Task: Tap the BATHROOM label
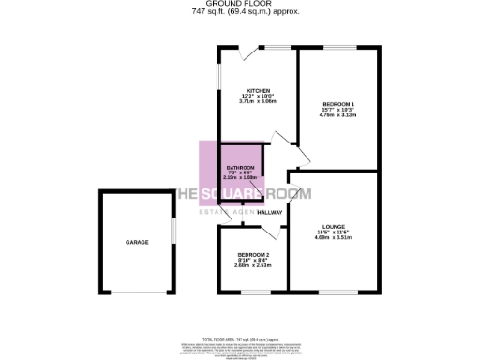(240, 167)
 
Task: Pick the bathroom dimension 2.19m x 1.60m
(240, 178)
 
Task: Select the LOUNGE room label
(334, 226)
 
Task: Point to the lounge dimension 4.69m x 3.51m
(334, 238)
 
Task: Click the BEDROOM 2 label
(253, 255)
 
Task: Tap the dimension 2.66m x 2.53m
(253, 266)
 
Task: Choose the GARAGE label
(138, 242)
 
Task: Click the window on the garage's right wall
(172, 232)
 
